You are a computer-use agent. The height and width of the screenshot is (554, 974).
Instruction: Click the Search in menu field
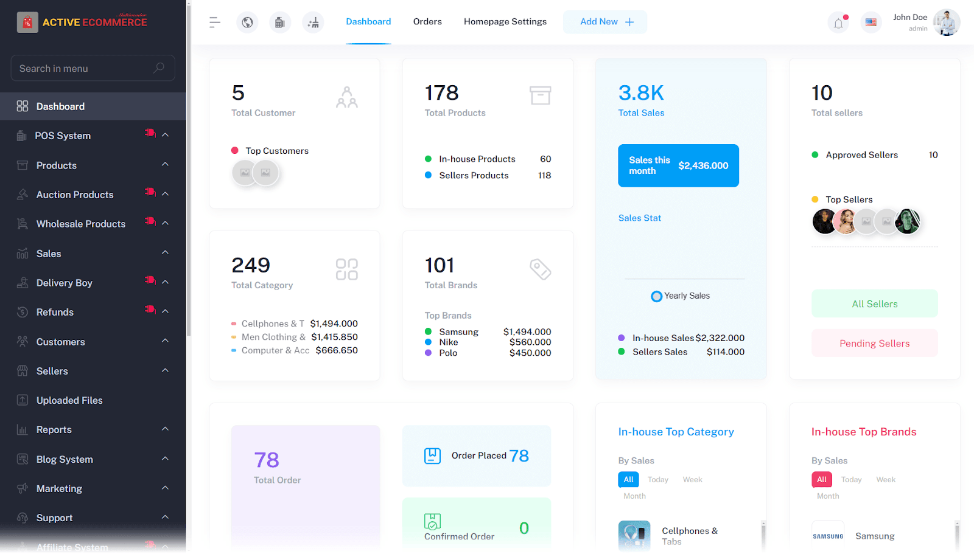85,68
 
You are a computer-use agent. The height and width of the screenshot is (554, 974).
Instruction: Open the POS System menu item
63,136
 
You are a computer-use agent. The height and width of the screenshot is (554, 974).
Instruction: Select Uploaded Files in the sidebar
69,400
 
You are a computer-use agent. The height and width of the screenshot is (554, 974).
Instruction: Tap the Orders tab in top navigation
427,22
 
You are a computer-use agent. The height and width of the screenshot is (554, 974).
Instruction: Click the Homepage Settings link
505,22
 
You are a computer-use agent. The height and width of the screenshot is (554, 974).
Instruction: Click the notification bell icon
838,23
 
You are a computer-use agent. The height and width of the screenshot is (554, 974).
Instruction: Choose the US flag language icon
871,23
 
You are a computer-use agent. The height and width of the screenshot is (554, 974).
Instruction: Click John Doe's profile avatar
946,23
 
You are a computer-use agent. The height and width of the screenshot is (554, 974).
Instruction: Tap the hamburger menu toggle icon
214,23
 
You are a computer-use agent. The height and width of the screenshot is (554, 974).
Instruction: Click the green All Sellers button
874,303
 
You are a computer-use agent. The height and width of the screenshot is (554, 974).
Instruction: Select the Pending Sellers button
874,343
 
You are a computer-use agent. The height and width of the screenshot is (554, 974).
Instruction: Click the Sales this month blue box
678,165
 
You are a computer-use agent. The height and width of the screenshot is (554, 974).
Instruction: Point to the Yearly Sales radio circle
656,296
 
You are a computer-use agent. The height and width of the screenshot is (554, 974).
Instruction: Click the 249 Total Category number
251,265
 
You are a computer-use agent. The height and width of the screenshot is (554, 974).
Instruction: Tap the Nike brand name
449,342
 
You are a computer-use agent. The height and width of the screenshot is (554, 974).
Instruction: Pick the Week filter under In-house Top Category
692,480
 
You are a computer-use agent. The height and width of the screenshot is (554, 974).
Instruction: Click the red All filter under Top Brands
821,480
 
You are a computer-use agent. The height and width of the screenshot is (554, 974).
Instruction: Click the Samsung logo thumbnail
828,536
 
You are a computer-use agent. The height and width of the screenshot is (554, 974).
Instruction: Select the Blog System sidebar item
65,459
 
